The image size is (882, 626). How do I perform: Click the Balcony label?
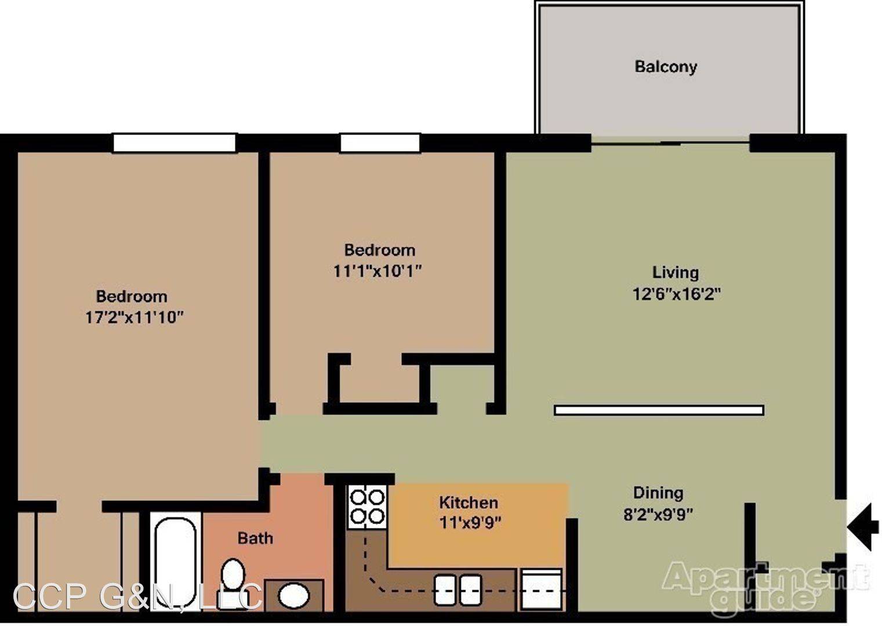coord(666,67)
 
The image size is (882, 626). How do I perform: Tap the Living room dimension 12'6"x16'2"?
coord(676,294)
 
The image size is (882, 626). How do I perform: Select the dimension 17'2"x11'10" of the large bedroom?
coord(135,317)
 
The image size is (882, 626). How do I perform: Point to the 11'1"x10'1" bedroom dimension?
coord(378,271)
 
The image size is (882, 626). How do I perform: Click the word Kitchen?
coord(469,503)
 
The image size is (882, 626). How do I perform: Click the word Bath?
coord(255,538)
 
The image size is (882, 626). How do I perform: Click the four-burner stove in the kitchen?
coord(367,507)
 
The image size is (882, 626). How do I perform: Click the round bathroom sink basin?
coord(294,595)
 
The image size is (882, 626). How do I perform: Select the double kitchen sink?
coord(458,590)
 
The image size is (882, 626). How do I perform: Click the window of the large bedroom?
coord(175,143)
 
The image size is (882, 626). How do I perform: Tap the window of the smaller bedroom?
coord(380,143)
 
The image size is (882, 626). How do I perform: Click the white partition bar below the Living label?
coord(659,410)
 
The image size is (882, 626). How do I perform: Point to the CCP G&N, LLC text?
coord(137,596)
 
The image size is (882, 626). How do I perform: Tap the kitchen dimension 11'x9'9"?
coord(470,523)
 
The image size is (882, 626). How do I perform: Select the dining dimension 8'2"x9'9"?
coord(658,514)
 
